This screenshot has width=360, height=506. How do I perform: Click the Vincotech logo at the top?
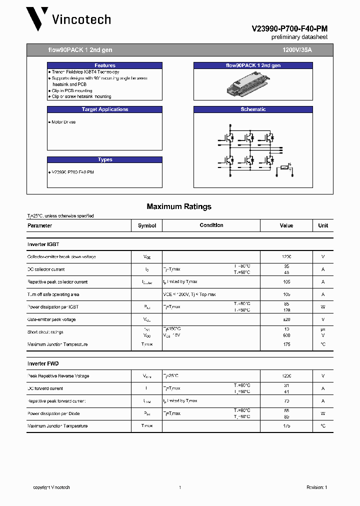68,19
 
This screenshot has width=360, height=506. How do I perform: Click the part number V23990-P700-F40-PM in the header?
289,29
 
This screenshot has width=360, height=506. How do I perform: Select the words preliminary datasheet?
299,37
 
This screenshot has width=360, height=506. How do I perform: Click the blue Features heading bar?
104,65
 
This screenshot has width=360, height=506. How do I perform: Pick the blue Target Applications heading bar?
104,109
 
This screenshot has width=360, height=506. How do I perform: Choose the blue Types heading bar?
104,159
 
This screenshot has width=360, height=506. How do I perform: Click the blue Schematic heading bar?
253,109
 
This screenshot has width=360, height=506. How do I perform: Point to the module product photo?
253,83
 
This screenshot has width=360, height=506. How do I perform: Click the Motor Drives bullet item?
63,122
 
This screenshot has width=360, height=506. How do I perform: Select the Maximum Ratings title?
179,206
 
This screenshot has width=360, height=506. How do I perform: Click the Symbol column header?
147,225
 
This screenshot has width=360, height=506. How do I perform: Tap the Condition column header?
211,225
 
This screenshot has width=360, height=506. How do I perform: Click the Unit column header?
323,225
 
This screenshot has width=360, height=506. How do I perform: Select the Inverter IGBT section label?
43,244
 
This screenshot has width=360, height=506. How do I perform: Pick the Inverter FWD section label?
43,363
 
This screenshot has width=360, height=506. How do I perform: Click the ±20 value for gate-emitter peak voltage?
286,319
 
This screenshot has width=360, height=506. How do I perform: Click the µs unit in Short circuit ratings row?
323,329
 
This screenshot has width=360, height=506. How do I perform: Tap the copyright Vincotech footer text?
51,487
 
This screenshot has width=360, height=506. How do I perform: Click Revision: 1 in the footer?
316,487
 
